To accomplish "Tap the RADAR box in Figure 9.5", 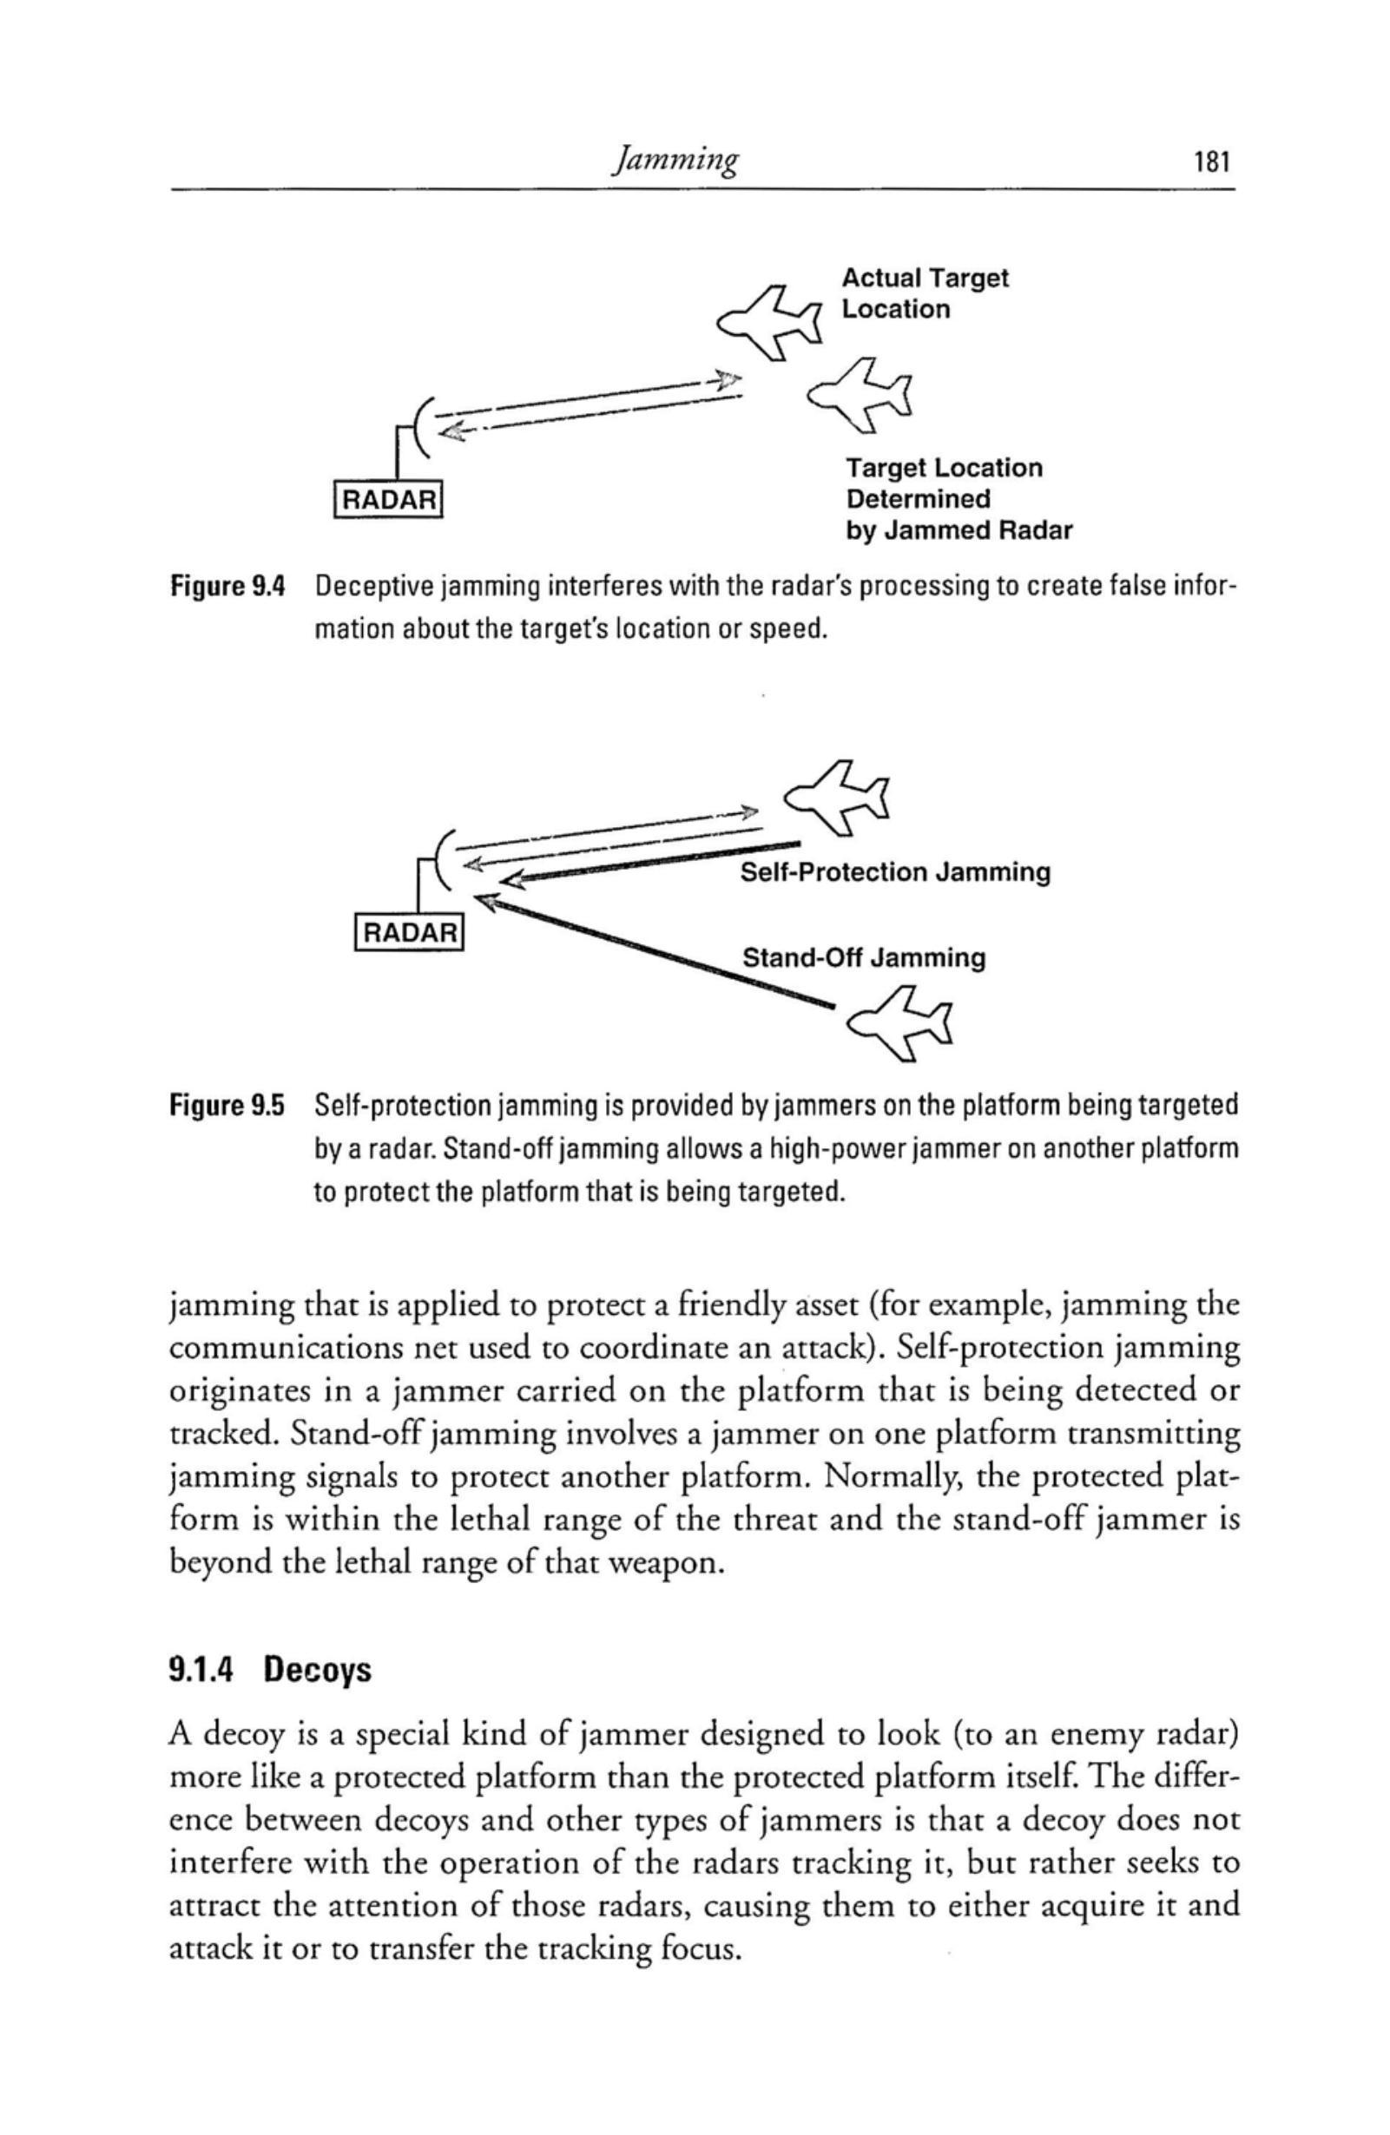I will (409, 933).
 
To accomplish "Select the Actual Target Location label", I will (925, 293).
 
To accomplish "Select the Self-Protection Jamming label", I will (894, 872).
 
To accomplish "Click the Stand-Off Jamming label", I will (863, 958).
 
